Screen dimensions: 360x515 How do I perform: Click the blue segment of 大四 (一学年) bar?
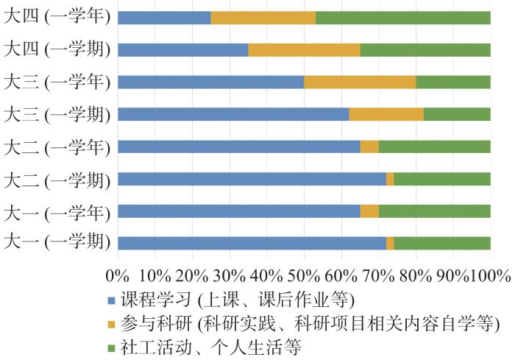coord(164,18)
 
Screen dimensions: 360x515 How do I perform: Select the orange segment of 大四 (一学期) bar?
coord(304,50)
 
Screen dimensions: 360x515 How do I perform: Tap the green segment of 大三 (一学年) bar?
coord(453,82)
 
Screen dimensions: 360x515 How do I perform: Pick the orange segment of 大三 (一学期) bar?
coord(386,114)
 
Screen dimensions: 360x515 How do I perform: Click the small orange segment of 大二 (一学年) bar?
coord(369,146)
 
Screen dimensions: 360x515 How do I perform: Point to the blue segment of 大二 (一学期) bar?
coord(252,179)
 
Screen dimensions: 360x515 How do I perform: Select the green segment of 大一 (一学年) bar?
coord(435,211)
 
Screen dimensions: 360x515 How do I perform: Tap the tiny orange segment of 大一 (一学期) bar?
coord(390,243)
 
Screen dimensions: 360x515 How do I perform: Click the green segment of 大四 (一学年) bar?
coord(403,18)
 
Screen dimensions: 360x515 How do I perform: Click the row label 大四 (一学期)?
coord(57,49)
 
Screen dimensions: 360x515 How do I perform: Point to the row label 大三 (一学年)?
coord(57,81)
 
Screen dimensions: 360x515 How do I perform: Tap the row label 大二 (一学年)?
coord(57,146)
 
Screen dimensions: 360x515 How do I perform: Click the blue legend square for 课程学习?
coord(111,300)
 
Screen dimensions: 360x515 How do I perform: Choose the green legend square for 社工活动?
coord(111,345)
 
